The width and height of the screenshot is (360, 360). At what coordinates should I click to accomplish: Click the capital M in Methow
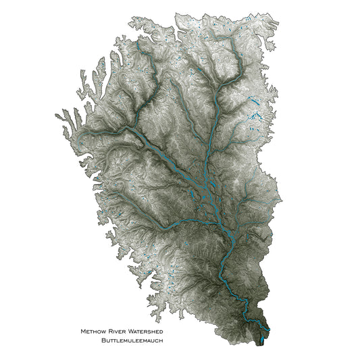pos(83,332)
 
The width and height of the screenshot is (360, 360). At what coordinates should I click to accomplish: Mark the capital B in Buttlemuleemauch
pos(102,340)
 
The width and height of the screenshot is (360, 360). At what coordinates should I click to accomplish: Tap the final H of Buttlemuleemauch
pos(161,340)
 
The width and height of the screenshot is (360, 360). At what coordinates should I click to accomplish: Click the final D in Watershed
pos(161,332)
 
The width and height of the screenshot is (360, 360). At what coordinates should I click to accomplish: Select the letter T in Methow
pos(93,332)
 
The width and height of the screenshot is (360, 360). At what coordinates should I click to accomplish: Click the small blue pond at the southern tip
pos(262,340)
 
